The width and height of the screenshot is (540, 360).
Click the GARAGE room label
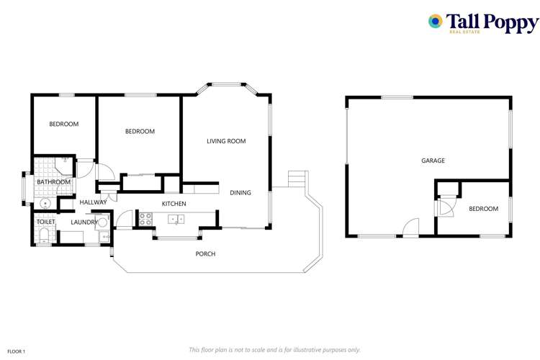coord(433,161)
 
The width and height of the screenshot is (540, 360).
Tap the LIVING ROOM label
coord(226,141)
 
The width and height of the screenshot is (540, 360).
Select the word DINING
coord(240,192)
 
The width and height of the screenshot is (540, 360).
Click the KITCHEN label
coord(174,204)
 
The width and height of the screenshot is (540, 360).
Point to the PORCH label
coord(205,253)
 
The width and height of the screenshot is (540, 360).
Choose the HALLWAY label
coord(93,202)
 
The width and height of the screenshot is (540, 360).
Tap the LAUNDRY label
coord(84,222)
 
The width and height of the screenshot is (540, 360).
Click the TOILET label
coord(45,222)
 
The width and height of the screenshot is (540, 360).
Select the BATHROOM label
coord(54,182)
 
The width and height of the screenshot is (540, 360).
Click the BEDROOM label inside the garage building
coord(483,209)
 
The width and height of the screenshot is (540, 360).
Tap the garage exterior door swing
coord(410,227)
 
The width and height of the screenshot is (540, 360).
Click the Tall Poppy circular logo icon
coord(435,22)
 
